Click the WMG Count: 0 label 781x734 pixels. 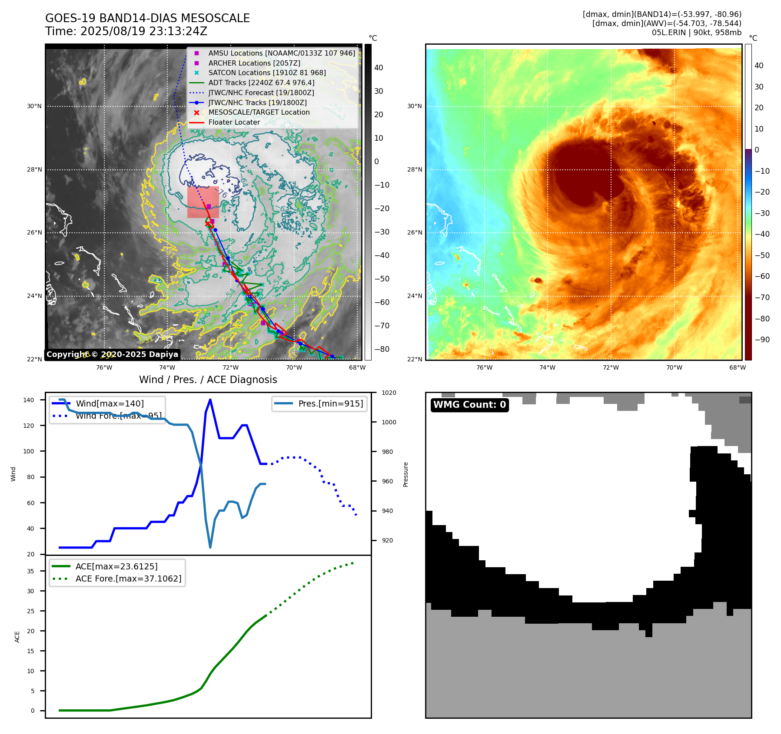click(x=469, y=405)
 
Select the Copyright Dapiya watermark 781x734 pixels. click(x=112, y=354)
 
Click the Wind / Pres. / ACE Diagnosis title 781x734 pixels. click(x=208, y=380)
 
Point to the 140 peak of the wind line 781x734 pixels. click(x=210, y=400)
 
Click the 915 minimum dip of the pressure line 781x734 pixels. click(x=210, y=547)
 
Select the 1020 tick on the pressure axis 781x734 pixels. click(x=389, y=393)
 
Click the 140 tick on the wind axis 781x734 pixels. click(x=29, y=400)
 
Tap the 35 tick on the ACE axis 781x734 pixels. click(x=30, y=571)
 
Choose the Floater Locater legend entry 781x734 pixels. click(x=234, y=122)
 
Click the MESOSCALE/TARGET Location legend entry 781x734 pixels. click(x=259, y=112)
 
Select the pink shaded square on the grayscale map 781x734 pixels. click(x=203, y=202)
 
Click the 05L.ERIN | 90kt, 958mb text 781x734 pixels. click(x=696, y=33)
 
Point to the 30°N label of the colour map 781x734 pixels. click(x=414, y=106)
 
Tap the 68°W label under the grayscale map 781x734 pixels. click(x=357, y=367)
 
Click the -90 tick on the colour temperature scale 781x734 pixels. click(x=762, y=340)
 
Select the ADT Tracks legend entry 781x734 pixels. click(x=261, y=83)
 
